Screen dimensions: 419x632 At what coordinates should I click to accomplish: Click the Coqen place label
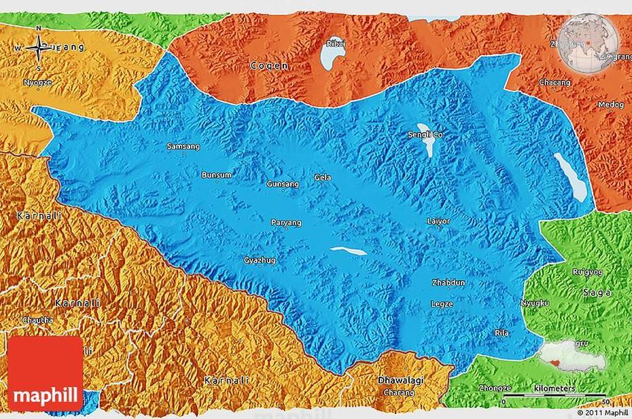tap(269, 66)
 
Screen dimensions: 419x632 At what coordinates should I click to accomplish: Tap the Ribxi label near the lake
tap(336, 43)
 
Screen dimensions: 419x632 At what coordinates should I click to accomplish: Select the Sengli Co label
tap(425, 135)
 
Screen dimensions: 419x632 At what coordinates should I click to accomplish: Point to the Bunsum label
tap(211, 175)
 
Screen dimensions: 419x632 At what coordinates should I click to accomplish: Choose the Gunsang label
tap(283, 184)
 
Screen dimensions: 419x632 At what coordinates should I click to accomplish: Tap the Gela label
tap(323, 177)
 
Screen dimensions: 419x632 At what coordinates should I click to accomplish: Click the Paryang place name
tap(286, 222)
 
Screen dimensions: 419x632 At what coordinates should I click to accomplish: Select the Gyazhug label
tap(260, 260)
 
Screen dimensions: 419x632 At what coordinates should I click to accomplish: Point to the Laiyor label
tap(438, 221)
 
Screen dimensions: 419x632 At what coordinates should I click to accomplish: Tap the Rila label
tap(502, 333)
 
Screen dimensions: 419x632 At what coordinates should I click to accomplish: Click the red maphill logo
tap(45, 374)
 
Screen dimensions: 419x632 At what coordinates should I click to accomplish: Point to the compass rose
tap(39, 48)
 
